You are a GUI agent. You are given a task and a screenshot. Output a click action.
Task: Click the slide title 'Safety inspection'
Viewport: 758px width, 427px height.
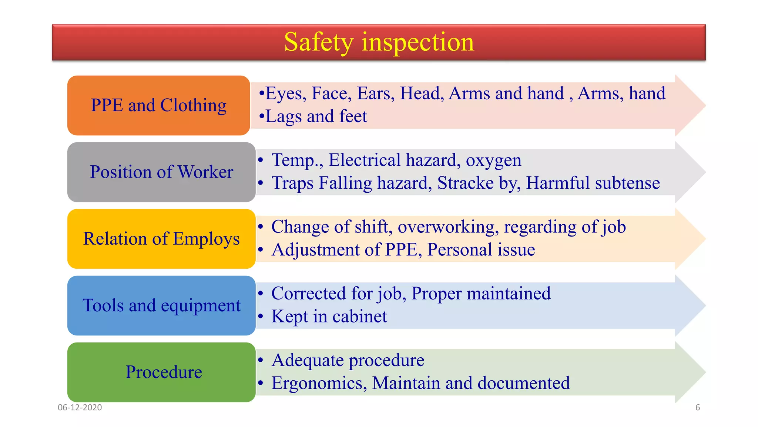(x=379, y=42)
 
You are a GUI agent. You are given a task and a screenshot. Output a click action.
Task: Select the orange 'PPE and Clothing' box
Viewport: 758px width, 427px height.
(x=158, y=105)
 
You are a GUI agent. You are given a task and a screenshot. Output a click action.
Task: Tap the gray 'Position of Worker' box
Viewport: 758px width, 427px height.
(x=161, y=172)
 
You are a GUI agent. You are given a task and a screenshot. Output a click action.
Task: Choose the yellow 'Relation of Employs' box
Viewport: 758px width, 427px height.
(x=161, y=239)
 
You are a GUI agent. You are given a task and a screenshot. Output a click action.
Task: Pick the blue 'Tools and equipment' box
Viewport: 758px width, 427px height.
(x=161, y=305)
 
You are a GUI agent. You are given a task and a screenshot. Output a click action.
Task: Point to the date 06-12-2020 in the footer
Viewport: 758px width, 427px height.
(x=80, y=407)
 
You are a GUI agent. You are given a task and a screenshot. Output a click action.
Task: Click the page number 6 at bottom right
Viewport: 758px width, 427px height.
(x=697, y=407)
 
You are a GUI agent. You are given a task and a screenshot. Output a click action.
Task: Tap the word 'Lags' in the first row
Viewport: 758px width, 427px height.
(x=284, y=117)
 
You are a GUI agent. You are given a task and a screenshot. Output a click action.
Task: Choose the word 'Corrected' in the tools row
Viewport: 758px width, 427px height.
(x=309, y=294)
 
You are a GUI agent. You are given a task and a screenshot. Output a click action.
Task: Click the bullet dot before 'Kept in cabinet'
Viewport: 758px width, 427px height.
(x=261, y=317)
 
